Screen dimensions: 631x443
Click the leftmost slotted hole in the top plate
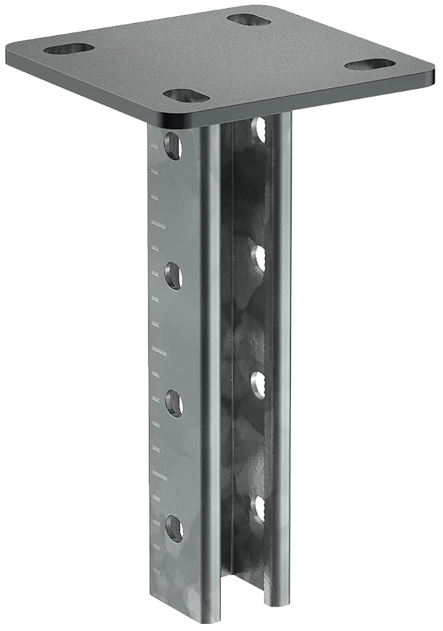69,48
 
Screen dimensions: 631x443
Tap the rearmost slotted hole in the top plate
249,19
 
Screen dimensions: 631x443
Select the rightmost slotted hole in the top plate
369,65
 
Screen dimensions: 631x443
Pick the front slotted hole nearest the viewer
186,95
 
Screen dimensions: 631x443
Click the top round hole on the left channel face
172,146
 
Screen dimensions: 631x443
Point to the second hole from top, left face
173,276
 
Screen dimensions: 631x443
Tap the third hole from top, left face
173,403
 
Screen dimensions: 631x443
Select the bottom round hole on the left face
173,528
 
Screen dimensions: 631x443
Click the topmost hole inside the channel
259,129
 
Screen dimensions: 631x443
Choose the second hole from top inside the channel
259,258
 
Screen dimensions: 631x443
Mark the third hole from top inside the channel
259,385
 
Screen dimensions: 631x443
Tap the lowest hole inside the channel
259,508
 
